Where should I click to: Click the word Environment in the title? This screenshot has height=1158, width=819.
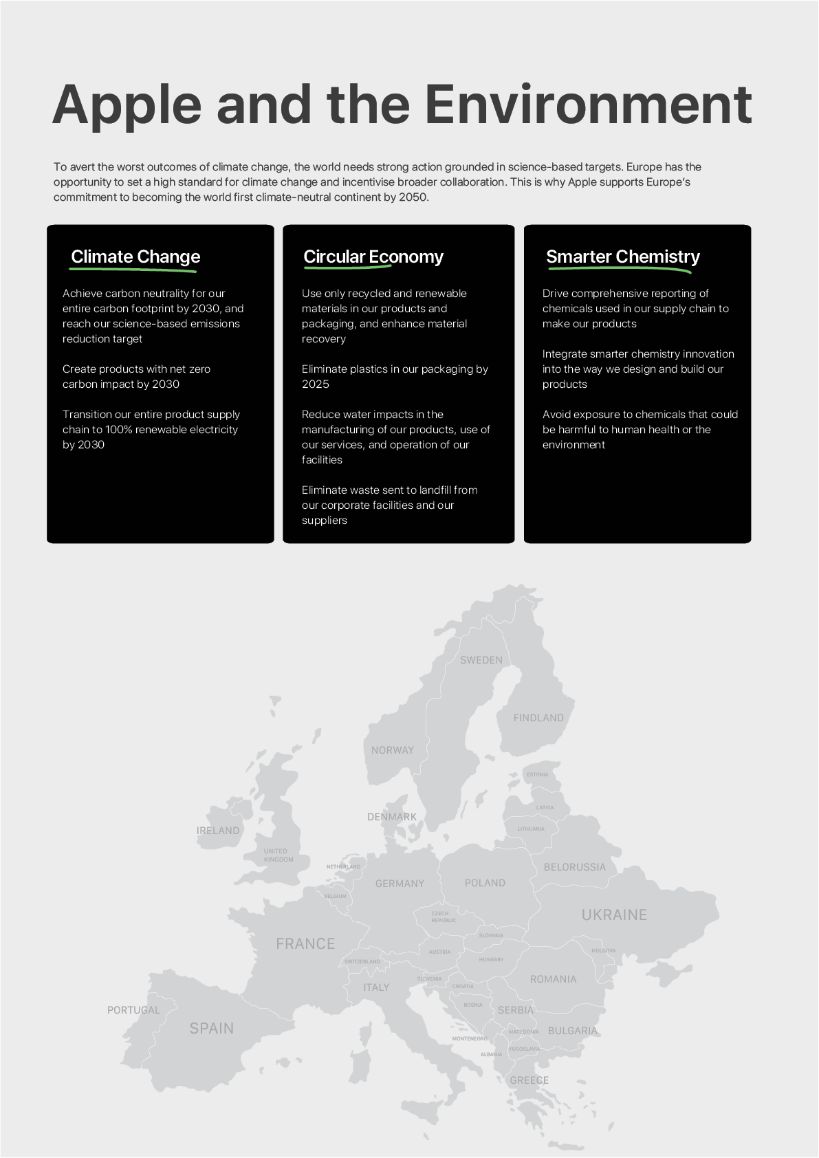[x=588, y=105]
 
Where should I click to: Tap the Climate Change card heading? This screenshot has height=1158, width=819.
[x=135, y=256]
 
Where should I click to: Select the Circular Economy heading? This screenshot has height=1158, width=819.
[x=373, y=256]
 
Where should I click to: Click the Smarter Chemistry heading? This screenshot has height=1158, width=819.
[x=623, y=256]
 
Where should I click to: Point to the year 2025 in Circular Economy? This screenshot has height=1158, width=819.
[x=316, y=384]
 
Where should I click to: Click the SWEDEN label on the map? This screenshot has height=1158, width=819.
[x=481, y=660]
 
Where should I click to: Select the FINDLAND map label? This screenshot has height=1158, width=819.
[x=538, y=718]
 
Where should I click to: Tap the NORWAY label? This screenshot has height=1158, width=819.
[x=393, y=750]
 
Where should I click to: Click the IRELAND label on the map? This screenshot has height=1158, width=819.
[x=218, y=831]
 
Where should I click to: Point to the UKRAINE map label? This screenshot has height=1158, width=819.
[x=614, y=915]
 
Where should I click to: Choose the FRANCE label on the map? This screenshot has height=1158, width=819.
[x=305, y=944]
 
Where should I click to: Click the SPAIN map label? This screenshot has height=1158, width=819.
[x=212, y=1029]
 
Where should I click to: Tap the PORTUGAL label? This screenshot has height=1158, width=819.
[x=133, y=1010]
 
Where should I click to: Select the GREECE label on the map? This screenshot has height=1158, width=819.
[x=529, y=1080]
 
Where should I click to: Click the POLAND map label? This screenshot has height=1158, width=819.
[x=485, y=883]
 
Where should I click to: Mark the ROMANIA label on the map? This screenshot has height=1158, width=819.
[x=554, y=979]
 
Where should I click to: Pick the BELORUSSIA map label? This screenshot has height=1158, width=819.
[x=575, y=867]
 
